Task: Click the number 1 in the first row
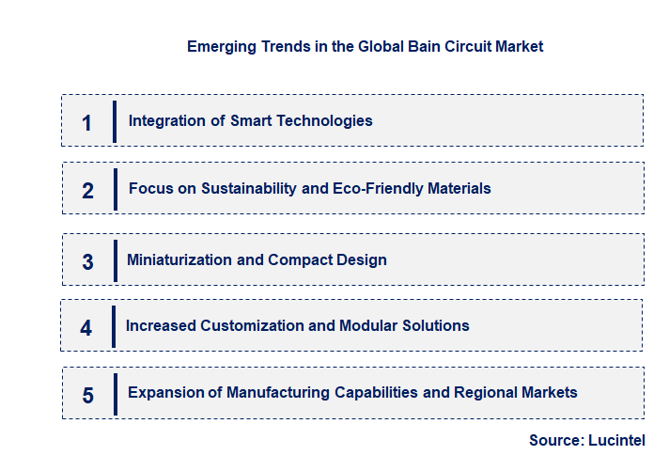tap(87, 123)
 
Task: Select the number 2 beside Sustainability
tap(87, 191)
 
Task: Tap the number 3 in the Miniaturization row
tap(87, 262)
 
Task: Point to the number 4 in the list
tap(86, 328)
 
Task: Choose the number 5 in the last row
tap(87, 395)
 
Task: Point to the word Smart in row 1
tap(250, 120)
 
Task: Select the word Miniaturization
tap(180, 259)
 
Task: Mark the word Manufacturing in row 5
tap(278, 392)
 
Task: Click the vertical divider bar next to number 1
tap(115, 121)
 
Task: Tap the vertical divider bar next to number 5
tap(116, 394)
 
